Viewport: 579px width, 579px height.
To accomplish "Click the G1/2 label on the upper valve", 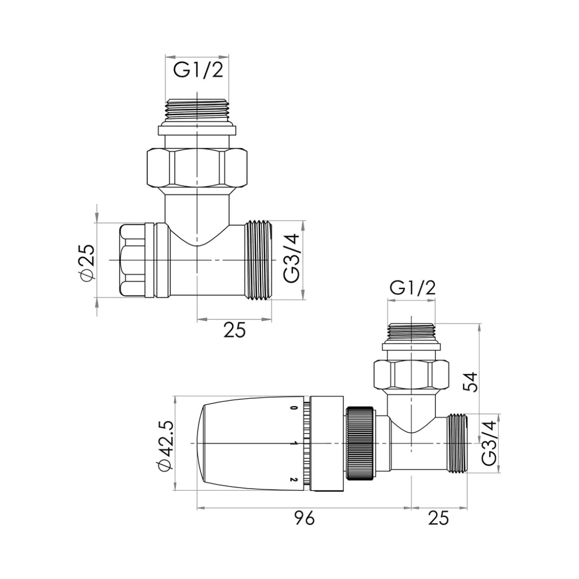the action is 198,70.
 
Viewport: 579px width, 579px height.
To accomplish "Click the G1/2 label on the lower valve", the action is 413,288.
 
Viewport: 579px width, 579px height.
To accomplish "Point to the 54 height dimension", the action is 470,382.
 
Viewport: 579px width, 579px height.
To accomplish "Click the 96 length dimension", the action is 304,518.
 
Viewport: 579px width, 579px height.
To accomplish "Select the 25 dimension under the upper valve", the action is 235,330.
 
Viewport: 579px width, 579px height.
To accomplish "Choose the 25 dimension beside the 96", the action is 439,518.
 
